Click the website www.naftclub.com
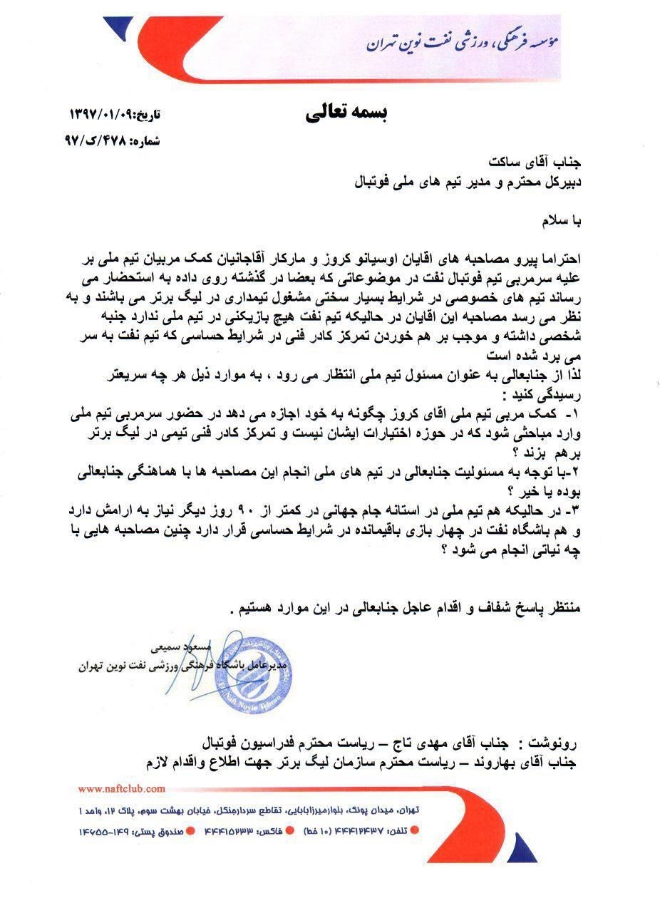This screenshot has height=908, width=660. pyautogui.click(x=122, y=788)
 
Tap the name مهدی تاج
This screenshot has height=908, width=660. pyautogui.click(x=416, y=743)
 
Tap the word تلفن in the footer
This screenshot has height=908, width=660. pyautogui.click(x=397, y=831)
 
